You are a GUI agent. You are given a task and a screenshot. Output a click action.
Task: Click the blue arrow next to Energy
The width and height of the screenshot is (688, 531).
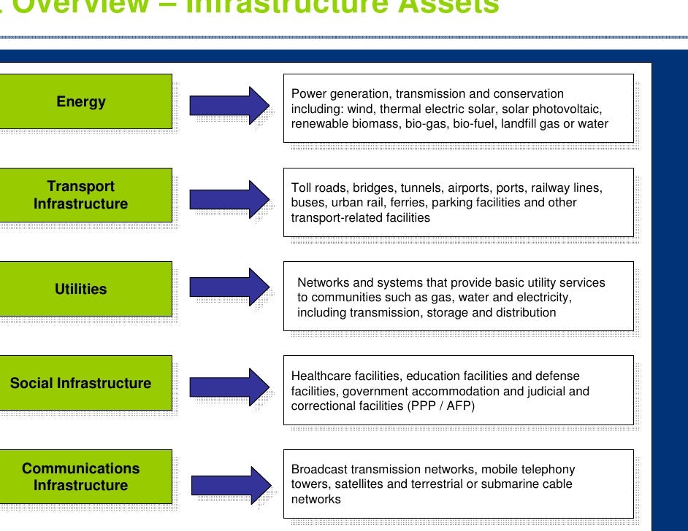tap(229, 105)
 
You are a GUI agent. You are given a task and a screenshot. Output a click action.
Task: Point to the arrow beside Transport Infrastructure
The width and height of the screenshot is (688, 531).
tap(229, 198)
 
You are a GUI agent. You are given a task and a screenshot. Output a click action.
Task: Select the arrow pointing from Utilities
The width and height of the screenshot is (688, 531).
tap(229, 286)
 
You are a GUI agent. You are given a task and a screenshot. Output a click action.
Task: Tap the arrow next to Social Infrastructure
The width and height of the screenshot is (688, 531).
tap(229, 386)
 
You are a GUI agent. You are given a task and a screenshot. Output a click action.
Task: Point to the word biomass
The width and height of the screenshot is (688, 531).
tap(372, 124)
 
